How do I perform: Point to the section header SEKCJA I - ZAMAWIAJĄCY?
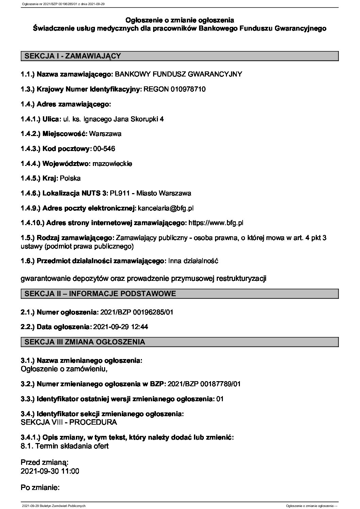coord(71,56)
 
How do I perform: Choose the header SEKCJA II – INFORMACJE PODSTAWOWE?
coord(99,293)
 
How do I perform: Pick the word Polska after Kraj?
coord(70,179)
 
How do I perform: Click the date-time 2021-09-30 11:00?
coord(50,471)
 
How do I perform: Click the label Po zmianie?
coord(40,488)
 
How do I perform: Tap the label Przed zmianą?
coord(45,462)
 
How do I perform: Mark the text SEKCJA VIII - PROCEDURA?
coord(69,422)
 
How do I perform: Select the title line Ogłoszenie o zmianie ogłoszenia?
coord(180,20)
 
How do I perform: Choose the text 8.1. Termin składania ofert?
coord(65,446)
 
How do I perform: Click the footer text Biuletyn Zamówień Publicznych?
coord(63,506)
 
